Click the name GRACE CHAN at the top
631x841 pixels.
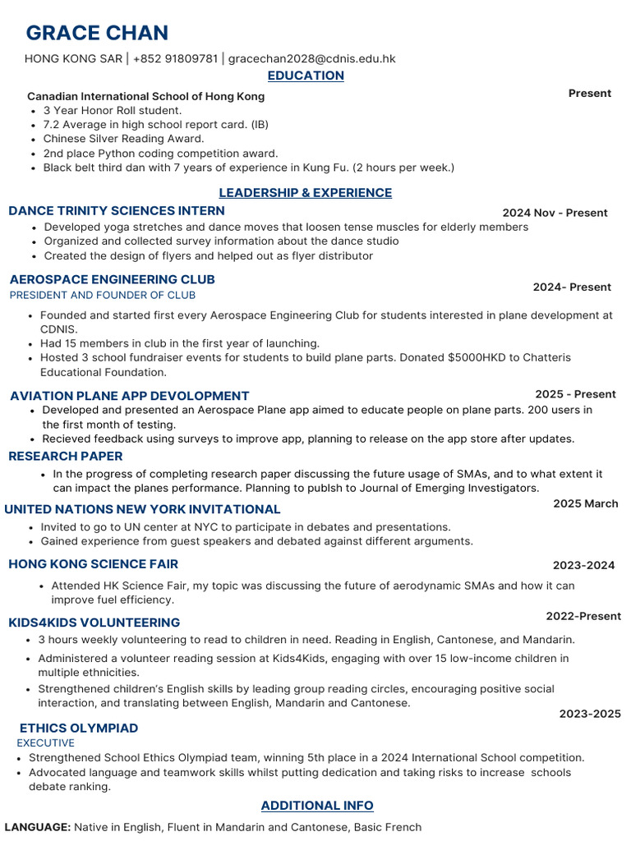click(x=97, y=34)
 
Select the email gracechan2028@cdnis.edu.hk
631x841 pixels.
click(x=311, y=58)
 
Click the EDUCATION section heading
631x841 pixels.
click(x=306, y=76)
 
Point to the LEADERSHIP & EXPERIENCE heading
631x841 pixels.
click(x=305, y=193)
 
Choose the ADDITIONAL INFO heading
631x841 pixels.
click(x=317, y=806)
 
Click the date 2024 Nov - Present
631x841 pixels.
click(x=555, y=213)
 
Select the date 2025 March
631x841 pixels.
click(x=585, y=503)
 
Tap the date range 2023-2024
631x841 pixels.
click(x=583, y=565)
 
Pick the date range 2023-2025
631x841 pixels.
click(x=590, y=714)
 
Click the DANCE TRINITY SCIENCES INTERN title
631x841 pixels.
click(x=117, y=211)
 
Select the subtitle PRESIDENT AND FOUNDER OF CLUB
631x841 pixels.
click(x=103, y=295)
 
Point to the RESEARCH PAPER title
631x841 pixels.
click(x=66, y=457)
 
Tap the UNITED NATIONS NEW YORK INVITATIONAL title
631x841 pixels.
click(x=142, y=509)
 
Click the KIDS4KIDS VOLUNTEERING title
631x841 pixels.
click(x=94, y=623)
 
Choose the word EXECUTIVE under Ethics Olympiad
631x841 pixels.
click(x=46, y=742)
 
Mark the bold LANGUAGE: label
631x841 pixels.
click(x=38, y=827)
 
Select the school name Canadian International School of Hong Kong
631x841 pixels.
click(x=145, y=96)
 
